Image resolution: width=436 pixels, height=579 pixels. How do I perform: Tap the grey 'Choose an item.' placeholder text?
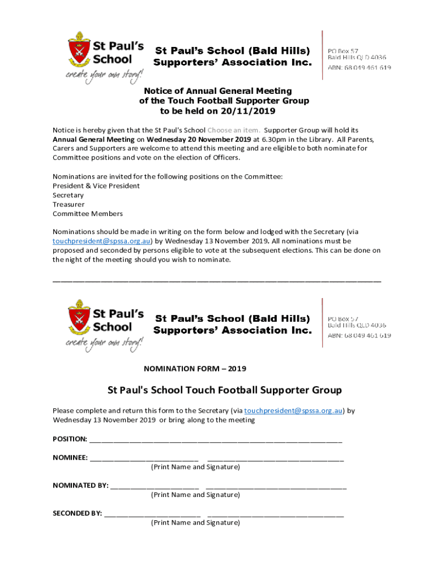234,129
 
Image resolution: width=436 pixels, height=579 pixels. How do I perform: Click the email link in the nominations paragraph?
100,241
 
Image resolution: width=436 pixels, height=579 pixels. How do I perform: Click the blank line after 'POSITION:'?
215,439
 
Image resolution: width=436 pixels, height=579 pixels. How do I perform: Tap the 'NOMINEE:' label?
70,457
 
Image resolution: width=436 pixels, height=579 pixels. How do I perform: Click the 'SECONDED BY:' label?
78,513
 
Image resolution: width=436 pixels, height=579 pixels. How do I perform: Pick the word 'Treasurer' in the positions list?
69,204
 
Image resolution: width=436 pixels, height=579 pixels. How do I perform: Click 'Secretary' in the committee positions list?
68,195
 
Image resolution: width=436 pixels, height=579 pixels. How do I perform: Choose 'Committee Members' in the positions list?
88,214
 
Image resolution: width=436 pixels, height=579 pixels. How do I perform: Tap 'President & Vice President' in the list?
96,185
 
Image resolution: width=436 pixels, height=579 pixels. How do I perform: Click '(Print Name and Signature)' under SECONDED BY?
195,522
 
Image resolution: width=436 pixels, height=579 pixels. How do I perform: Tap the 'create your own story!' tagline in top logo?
105,75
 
